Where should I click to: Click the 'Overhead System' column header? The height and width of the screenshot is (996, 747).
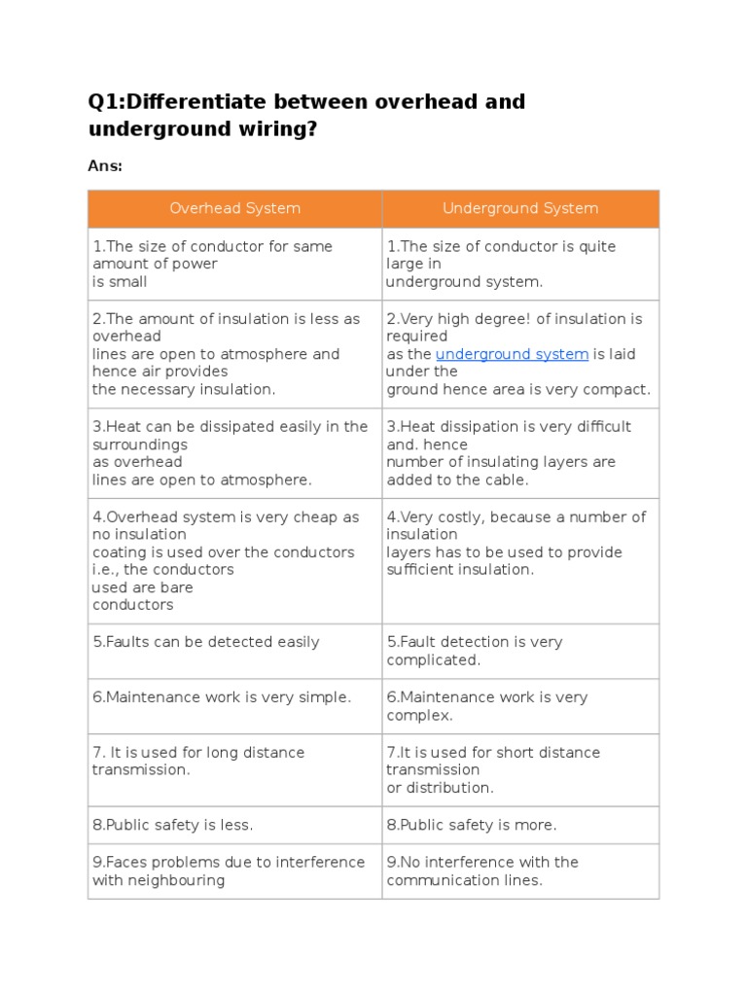(x=234, y=208)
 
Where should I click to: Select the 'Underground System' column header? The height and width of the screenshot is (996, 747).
(x=520, y=208)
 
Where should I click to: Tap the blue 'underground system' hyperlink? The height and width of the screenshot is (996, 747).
(x=512, y=354)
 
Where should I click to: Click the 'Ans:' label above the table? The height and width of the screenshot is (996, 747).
(x=105, y=165)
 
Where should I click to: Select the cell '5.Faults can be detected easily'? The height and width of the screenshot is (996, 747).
(x=206, y=642)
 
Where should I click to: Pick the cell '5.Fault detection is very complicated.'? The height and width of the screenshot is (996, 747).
(x=475, y=651)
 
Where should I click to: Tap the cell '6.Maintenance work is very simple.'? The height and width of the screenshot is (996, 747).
(x=222, y=697)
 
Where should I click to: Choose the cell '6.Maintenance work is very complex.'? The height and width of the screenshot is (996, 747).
(x=487, y=706)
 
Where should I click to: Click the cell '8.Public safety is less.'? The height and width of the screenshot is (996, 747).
(x=173, y=825)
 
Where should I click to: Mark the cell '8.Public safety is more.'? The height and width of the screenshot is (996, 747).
(x=472, y=825)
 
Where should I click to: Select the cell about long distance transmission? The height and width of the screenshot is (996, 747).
(x=198, y=761)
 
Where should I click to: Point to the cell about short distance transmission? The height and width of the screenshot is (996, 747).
(x=493, y=769)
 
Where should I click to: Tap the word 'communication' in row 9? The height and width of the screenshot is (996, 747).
(x=435, y=880)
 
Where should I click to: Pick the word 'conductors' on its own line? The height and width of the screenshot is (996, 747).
(x=133, y=605)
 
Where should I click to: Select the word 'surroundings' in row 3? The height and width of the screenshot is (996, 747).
(x=136, y=445)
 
